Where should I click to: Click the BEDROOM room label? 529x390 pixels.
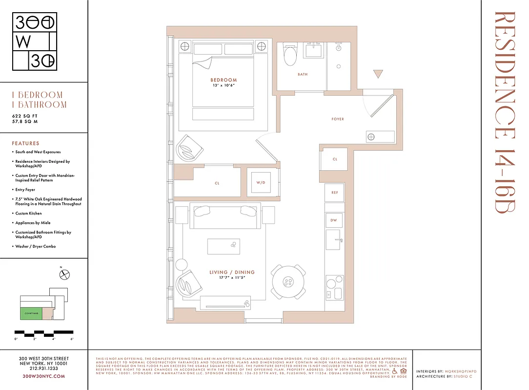click(x=224, y=80)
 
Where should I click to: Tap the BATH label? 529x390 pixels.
click(x=303, y=75)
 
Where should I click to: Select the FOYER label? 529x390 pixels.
click(x=338, y=119)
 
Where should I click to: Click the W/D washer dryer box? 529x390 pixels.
click(x=261, y=183)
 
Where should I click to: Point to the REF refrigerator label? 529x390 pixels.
click(x=335, y=193)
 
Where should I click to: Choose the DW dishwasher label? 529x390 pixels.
click(x=334, y=220)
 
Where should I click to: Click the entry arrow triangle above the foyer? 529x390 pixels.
click(x=378, y=74)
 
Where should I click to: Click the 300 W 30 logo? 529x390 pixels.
click(x=35, y=41)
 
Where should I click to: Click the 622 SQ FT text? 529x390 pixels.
click(x=25, y=116)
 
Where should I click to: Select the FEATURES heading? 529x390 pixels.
click(x=26, y=143)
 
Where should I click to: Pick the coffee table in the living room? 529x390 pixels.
click(x=224, y=246)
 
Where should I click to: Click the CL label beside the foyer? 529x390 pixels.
click(x=335, y=159)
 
